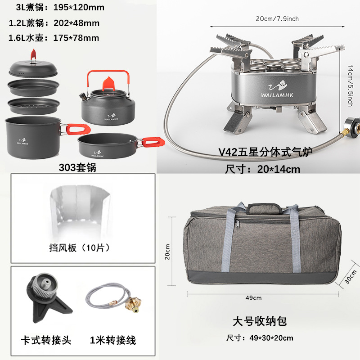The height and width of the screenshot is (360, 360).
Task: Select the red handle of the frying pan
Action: [x=153, y=142]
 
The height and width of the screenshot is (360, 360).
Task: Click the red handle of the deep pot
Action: [x=77, y=129]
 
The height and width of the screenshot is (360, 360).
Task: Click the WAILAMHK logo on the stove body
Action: [x=277, y=89]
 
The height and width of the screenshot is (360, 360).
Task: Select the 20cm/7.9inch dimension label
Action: [x=277, y=19]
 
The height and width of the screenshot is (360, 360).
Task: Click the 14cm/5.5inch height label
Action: [x=350, y=85]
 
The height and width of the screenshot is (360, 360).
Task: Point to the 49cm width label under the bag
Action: [x=253, y=298]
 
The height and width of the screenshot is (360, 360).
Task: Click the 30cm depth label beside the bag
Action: [x=351, y=277]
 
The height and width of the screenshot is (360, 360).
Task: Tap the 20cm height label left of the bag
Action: [x=167, y=252]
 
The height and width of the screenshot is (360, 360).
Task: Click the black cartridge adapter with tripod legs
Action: [x=48, y=298]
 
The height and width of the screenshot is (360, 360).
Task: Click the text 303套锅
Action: [x=77, y=167]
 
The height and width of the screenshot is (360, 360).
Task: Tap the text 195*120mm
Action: [x=79, y=7]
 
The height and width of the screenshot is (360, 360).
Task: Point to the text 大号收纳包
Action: [x=260, y=321]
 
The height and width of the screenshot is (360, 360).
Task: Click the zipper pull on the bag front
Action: [x=238, y=223]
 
